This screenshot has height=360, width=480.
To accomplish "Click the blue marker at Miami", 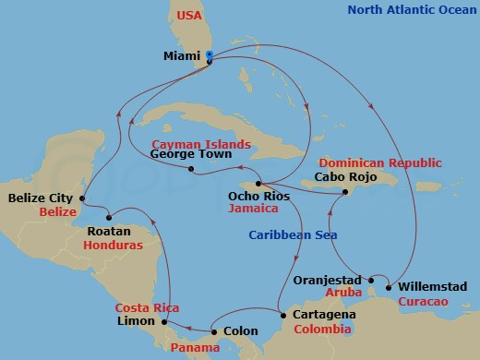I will (210, 56).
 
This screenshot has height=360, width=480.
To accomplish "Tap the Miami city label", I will (182, 56).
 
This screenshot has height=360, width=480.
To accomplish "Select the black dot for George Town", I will (191, 168).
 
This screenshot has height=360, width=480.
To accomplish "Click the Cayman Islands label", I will (201, 144).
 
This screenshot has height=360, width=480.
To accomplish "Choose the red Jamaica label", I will (250, 210).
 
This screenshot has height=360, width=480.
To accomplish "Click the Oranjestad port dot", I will (370, 280).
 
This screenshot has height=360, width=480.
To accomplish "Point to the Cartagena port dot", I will (282, 315).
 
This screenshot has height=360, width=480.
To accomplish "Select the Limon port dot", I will (163, 322).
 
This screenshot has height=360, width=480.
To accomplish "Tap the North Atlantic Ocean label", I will (411, 10).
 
